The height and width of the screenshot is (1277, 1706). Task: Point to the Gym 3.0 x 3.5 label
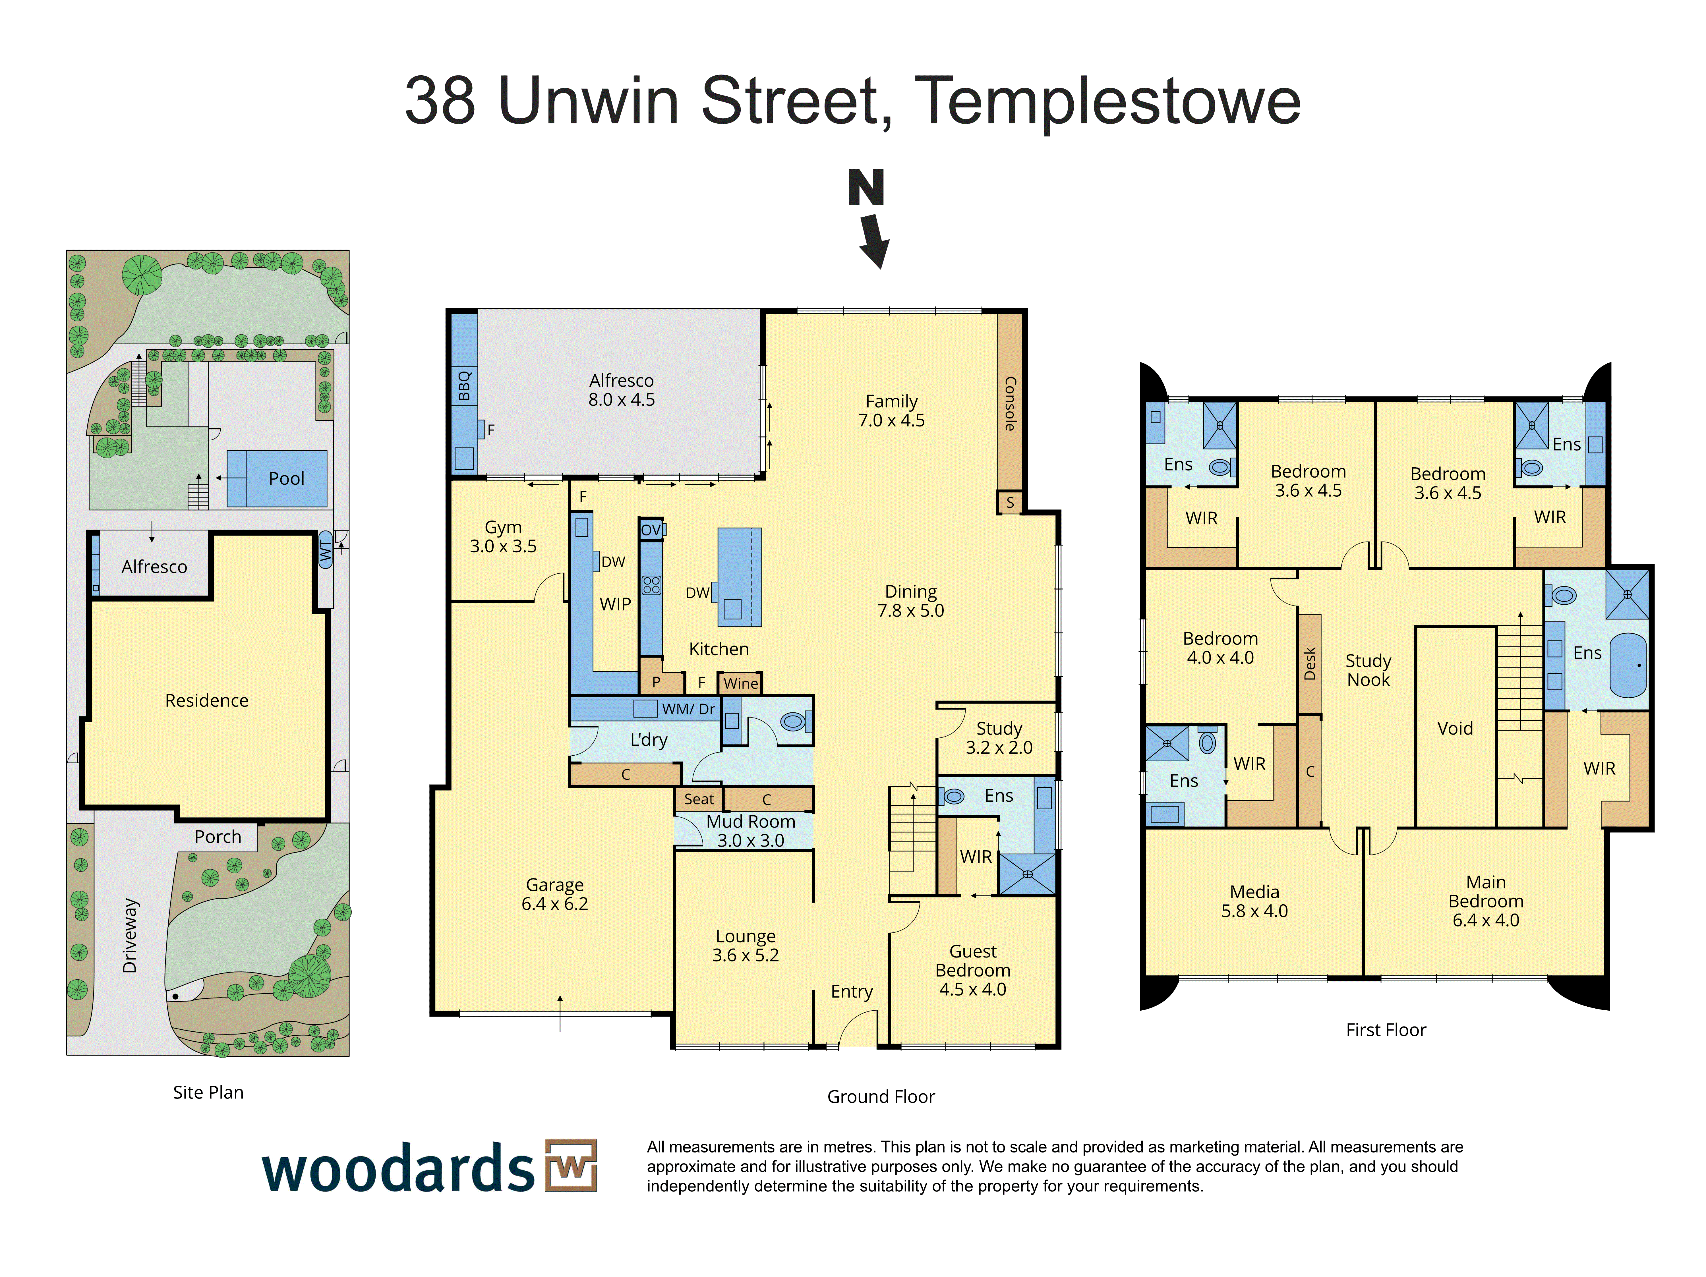(x=503, y=537)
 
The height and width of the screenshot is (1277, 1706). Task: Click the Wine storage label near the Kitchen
(x=740, y=683)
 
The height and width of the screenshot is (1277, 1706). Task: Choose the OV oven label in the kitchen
(x=651, y=530)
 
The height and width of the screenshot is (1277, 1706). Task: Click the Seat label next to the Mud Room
(x=699, y=799)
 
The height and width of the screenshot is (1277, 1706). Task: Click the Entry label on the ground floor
(x=852, y=992)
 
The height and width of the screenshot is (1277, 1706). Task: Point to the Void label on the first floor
(x=1455, y=728)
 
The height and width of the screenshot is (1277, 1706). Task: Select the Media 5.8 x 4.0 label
(x=1254, y=901)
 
